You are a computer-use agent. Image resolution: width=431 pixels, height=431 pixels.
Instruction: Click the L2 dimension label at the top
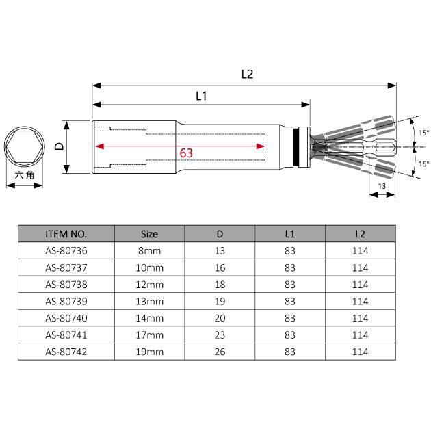tap(247, 75)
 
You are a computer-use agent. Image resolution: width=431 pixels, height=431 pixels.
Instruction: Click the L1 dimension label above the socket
tap(201, 96)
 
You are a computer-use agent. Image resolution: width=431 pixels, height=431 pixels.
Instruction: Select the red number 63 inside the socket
tap(186, 153)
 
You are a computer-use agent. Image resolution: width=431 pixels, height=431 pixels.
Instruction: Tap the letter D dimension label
tap(59, 146)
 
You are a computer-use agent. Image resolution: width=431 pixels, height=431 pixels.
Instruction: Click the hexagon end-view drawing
tap(24, 146)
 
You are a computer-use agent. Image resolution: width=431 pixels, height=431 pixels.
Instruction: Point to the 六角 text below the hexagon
tap(24, 175)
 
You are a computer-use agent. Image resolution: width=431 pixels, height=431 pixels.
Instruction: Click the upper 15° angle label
tap(423, 133)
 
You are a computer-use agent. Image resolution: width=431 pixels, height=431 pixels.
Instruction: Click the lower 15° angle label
tap(423, 164)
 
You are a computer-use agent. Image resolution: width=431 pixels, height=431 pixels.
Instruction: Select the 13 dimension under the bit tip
tap(382, 186)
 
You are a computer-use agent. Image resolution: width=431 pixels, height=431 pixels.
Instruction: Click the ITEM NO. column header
tap(66, 233)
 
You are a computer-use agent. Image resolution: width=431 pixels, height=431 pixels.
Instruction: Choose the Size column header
tap(149, 233)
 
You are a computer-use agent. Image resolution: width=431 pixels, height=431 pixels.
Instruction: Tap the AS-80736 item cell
tap(66, 250)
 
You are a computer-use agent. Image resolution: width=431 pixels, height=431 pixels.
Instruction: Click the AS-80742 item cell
tap(66, 351)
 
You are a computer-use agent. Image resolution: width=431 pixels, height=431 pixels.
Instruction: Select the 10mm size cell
tap(151, 267)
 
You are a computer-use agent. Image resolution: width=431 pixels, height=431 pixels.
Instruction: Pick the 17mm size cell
tap(151, 335)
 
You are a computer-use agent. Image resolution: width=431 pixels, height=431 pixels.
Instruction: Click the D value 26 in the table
tap(220, 351)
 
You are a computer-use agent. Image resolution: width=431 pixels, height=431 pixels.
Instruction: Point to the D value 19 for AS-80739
tap(220, 301)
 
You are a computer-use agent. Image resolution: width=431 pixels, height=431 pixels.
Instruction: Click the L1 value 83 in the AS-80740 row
tap(289, 317)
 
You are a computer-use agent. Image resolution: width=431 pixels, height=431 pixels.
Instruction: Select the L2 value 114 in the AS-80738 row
tap(360, 284)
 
